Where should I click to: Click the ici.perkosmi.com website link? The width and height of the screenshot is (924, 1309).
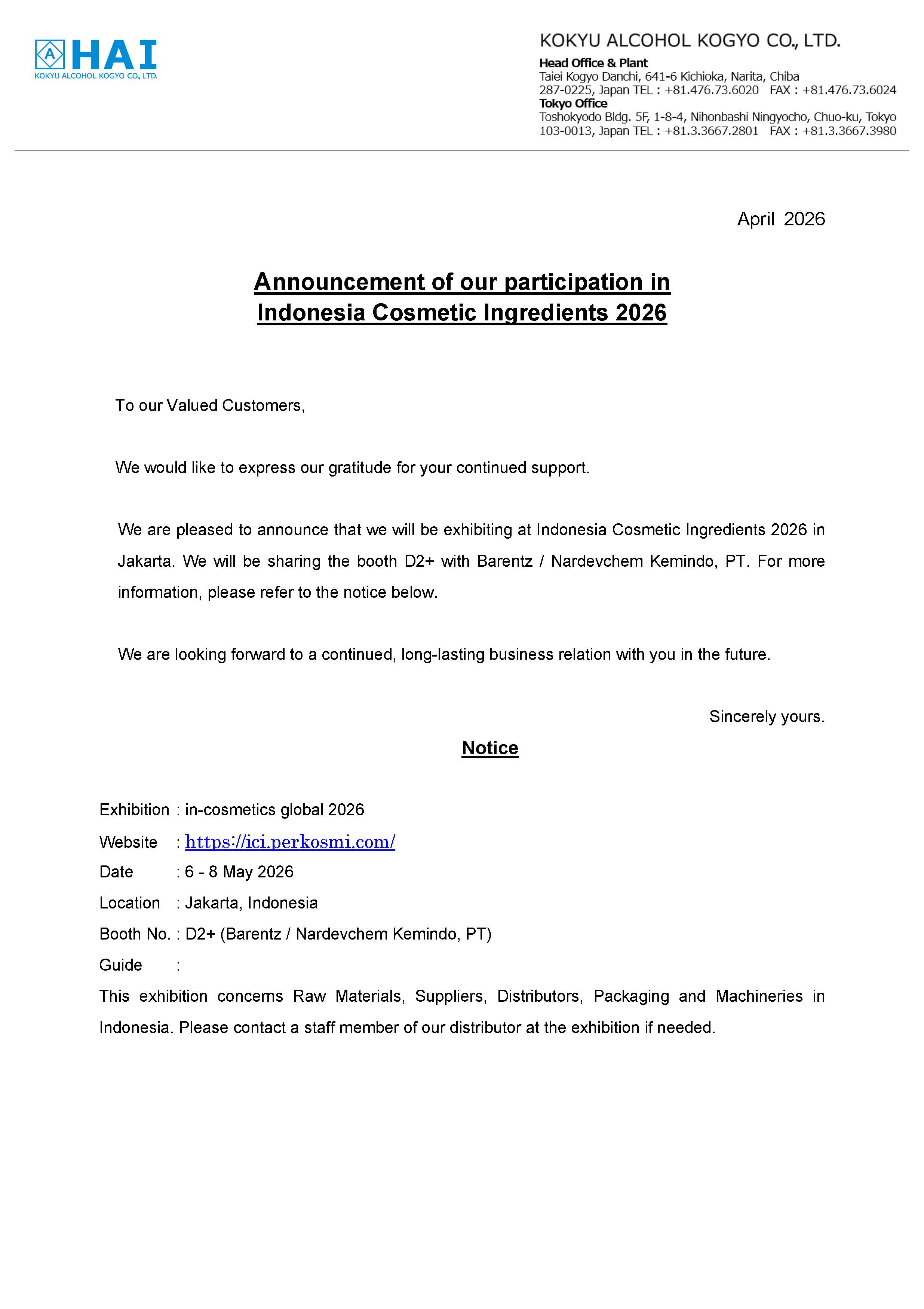point(290,842)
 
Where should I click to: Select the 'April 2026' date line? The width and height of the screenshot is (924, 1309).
point(780,219)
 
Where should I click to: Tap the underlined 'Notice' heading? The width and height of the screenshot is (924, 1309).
point(490,748)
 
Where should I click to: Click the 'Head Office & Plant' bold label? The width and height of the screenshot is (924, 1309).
point(593,63)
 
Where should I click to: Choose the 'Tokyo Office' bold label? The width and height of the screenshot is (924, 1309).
point(573,103)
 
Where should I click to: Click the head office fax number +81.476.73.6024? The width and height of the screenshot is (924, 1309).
point(849,90)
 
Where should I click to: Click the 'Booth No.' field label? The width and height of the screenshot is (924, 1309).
point(135,934)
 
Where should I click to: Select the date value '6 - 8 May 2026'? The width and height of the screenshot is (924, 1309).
point(239,872)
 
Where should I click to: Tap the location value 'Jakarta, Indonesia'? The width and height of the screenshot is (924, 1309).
point(251,903)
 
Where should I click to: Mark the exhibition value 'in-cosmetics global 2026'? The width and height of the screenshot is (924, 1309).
point(274,810)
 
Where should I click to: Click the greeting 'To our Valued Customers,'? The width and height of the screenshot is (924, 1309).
point(210,405)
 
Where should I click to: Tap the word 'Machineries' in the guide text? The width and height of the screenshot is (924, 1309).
point(759,996)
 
